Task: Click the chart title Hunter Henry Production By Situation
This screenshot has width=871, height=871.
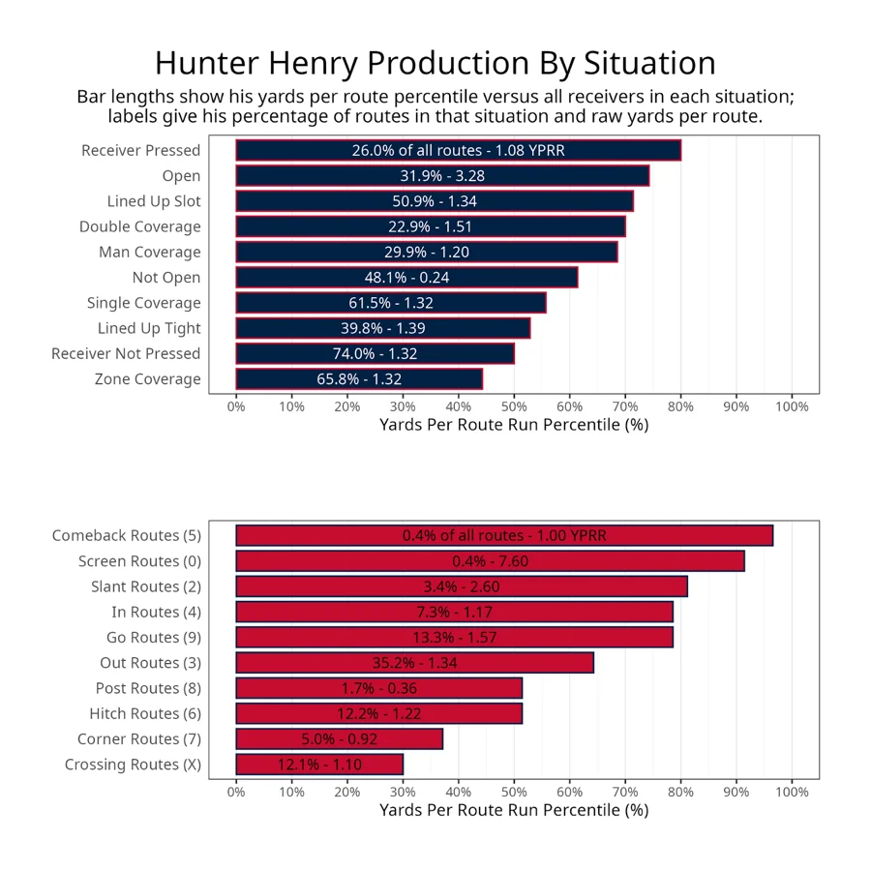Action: click(x=435, y=63)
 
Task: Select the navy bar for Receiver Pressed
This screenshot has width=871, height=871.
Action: click(x=458, y=150)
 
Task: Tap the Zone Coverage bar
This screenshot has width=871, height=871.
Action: click(x=359, y=379)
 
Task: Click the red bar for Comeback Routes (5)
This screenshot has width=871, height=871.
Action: click(x=504, y=536)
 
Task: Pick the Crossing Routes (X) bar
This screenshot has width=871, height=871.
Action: click(x=319, y=765)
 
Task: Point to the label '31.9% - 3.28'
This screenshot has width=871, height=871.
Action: click(x=442, y=176)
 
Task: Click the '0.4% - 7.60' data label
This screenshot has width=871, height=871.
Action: click(x=490, y=561)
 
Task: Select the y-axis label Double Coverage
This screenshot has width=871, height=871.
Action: click(x=140, y=226)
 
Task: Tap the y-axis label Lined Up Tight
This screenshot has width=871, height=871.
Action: click(x=149, y=328)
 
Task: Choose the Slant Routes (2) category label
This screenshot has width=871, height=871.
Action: click(x=146, y=586)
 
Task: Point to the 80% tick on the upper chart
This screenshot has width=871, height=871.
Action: click(x=681, y=406)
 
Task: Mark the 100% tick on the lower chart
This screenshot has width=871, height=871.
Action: click(x=793, y=792)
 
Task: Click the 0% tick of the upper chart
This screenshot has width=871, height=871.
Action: click(x=236, y=406)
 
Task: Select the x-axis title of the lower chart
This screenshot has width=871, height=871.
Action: click(x=514, y=810)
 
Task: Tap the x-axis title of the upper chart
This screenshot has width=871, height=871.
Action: click(x=514, y=425)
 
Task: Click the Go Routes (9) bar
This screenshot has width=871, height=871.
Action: click(x=454, y=638)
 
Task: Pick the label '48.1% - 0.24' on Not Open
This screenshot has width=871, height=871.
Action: click(x=406, y=278)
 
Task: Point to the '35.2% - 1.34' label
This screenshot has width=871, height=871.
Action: click(x=414, y=663)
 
